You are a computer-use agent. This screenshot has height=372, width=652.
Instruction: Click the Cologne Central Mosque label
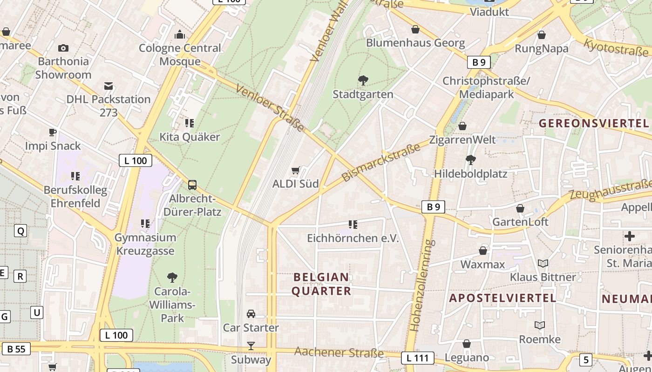180,54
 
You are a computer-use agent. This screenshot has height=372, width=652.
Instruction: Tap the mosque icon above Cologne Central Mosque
180,34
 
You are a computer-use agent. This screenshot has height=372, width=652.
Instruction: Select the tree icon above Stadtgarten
363,80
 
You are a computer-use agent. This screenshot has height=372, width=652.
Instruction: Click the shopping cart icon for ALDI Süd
295,171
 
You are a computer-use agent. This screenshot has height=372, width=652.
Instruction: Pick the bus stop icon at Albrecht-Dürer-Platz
192,185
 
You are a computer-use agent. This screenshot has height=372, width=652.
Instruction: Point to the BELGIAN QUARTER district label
321,284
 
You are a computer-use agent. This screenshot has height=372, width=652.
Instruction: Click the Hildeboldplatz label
470,173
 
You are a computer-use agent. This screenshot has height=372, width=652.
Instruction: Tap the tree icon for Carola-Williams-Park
172,278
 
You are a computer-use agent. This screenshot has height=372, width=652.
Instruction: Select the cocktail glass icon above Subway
251,346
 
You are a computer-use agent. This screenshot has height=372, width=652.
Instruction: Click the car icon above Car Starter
251,314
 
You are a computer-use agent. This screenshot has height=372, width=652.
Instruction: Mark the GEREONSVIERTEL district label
594,123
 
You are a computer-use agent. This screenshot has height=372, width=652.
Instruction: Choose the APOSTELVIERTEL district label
503,298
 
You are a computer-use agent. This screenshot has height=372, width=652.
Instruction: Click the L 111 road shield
417,358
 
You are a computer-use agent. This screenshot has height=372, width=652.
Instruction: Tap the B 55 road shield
16,349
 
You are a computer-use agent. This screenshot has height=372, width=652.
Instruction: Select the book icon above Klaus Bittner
543,264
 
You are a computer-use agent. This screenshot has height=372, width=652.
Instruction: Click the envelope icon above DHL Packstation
109,86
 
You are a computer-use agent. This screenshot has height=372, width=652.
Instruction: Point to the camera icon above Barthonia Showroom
63,48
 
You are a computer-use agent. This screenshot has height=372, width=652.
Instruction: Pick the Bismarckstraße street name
380,162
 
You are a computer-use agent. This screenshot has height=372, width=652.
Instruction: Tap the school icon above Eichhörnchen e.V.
353,225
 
